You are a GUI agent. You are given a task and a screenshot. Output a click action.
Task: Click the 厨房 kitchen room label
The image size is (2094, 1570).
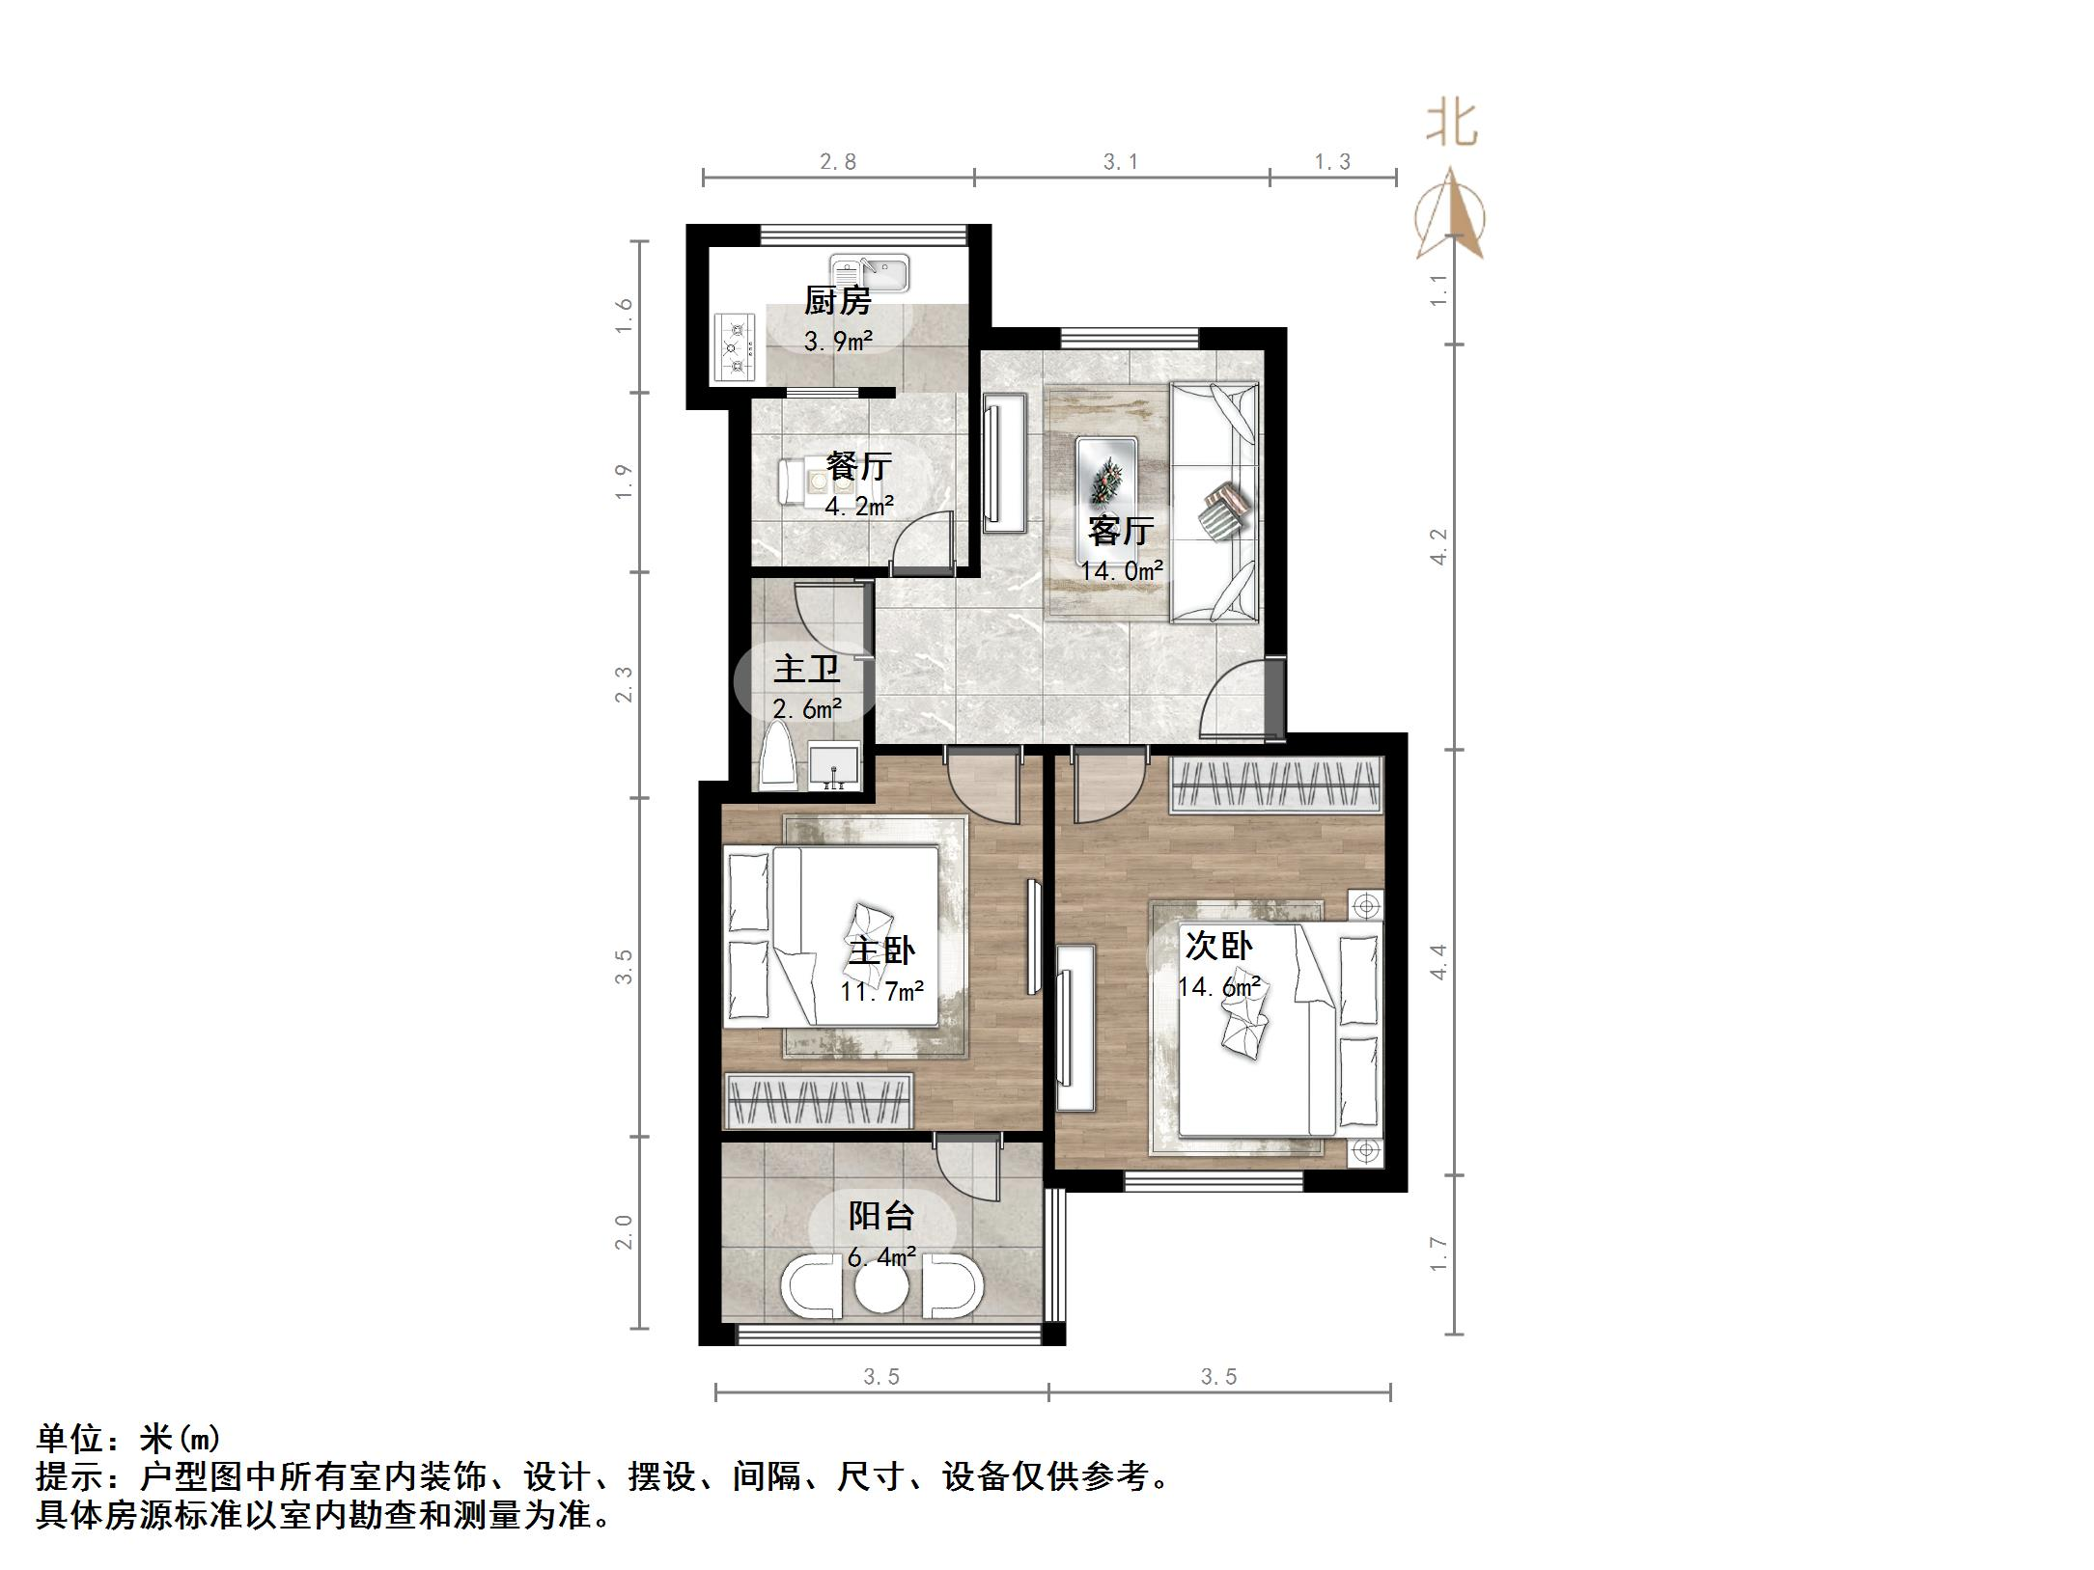coord(837,301)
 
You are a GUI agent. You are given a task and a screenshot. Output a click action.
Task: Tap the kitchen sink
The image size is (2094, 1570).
coord(868,274)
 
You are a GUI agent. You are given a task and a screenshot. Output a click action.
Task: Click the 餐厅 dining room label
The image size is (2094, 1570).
coord(858,467)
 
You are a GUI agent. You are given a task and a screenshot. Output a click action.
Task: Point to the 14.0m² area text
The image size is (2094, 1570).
coord(1121,570)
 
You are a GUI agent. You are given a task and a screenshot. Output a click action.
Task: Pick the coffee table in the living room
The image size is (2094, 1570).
coord(1106,499)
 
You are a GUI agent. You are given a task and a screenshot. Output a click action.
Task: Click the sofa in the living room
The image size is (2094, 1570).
coord(1215,502)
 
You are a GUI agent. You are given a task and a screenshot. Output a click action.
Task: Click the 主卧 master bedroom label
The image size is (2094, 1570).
coord(881,950)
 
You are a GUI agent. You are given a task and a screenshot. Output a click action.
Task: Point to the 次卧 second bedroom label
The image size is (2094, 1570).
coord(1218,946)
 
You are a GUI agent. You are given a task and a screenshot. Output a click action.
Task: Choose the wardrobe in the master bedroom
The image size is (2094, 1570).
coord(819,1101)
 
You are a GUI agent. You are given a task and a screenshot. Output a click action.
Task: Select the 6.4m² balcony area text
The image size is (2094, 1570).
coord(881,1257)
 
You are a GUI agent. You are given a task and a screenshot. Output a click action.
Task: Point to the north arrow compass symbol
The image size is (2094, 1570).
coord(1450,217)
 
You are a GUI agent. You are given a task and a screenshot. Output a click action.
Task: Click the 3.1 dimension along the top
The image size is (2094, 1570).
coord(1121,162)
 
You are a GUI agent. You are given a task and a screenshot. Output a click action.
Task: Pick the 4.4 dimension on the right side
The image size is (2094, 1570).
coord(1438,961)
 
